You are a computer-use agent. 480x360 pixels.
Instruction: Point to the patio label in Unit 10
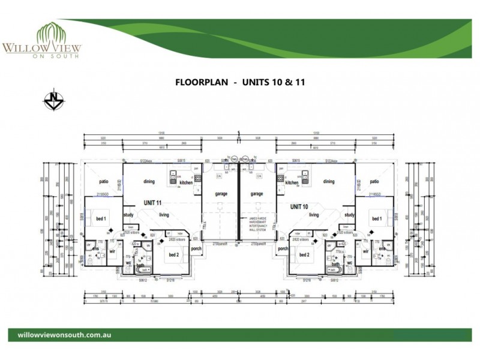[x=375, y=181]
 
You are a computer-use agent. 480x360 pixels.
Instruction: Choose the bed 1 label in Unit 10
[x=377, y=219]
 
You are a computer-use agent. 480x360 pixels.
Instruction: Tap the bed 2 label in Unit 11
[x=175, y=254]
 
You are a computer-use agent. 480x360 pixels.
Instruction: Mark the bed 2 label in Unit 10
[x=303, y=254]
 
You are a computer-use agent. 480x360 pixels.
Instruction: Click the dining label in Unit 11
[x=149, y=181]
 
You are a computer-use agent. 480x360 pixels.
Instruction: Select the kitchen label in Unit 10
[x=292, y=182]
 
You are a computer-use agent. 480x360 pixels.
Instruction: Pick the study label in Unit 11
[x=128, y=214]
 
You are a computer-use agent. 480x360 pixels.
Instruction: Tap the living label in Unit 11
[x=164, y=214]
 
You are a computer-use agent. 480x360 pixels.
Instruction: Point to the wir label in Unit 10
[x=366, y=253]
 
